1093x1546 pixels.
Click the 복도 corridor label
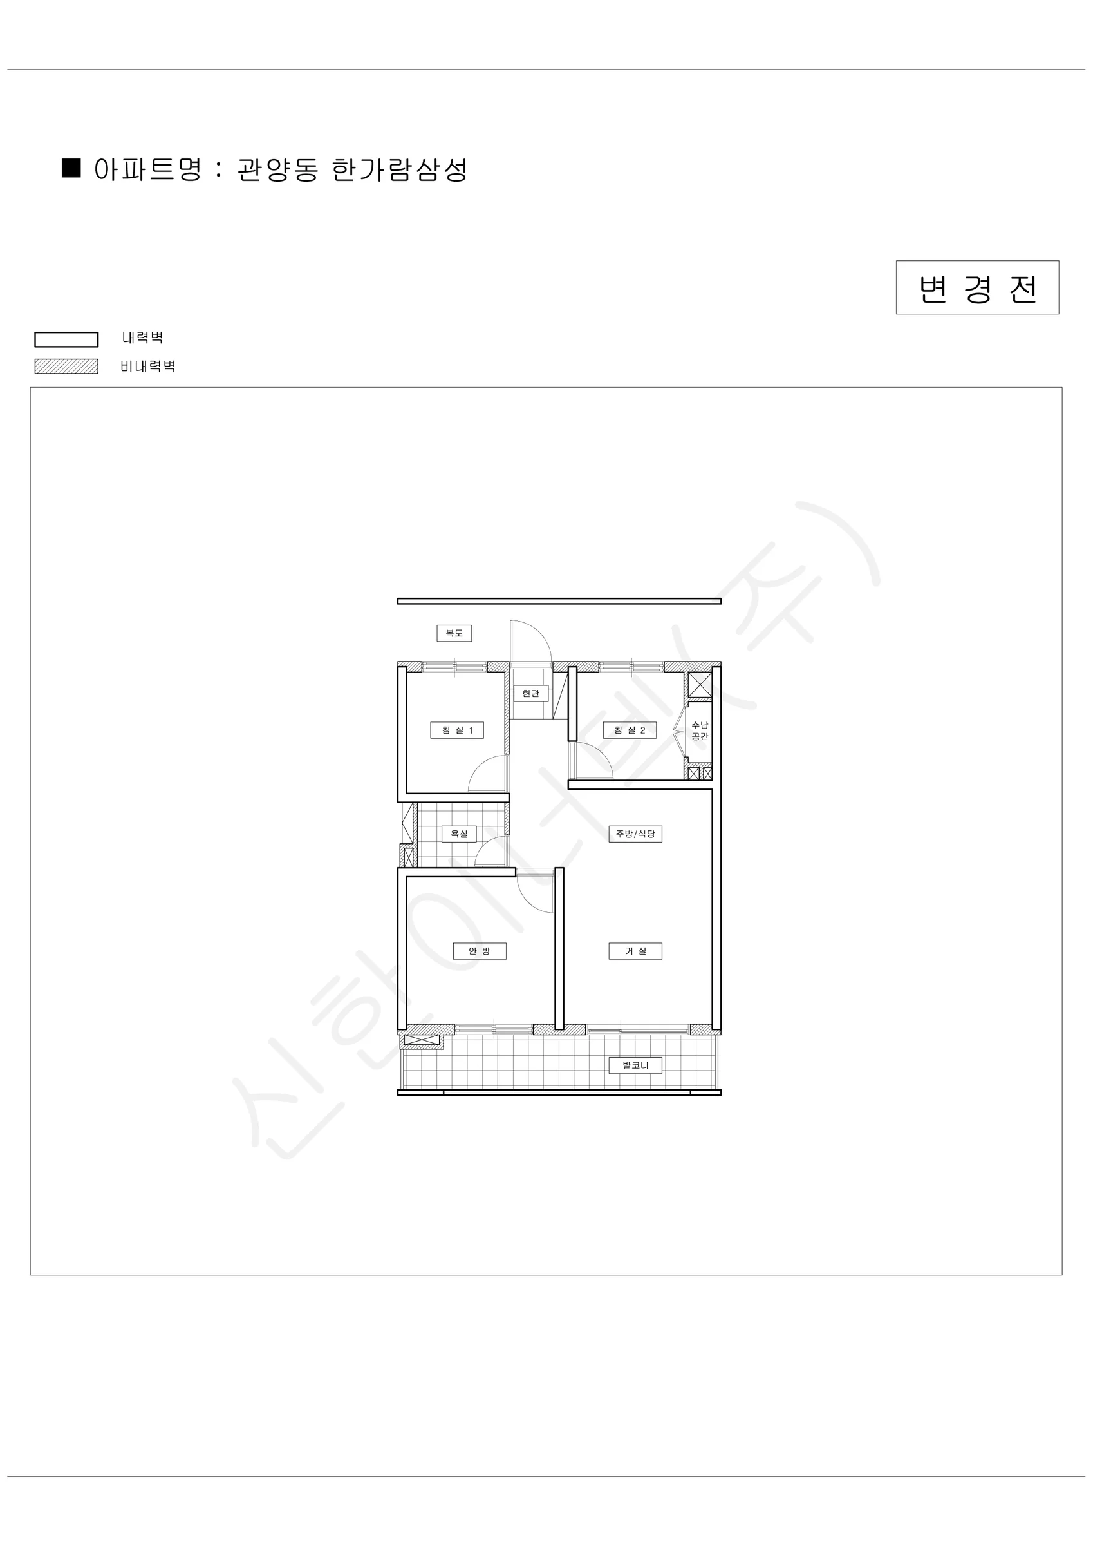tap(454, 633)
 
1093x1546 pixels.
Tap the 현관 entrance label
tap(531, 694)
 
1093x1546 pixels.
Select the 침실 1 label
tap(457, 730)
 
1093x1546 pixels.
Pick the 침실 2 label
tap(630, 730)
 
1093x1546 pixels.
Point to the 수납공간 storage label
tap(700, 730)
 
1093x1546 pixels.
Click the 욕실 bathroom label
tap(459, 834)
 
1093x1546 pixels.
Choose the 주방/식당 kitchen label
tap(635, 834)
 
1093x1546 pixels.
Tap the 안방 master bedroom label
tap(480, 951)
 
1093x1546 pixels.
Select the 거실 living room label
tap(635, 951)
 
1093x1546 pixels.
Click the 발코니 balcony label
tap(635, 1065)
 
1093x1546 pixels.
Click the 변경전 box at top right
tap(977, 287)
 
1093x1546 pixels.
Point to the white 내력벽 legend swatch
tap(67, 339)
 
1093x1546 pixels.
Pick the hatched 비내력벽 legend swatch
tap(67, 367)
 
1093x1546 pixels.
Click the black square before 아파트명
tap(71, 167)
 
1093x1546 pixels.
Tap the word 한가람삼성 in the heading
tap(400, 169)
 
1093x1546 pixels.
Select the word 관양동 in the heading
tap(277, 169)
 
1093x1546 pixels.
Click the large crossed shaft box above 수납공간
tap(699, 685)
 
